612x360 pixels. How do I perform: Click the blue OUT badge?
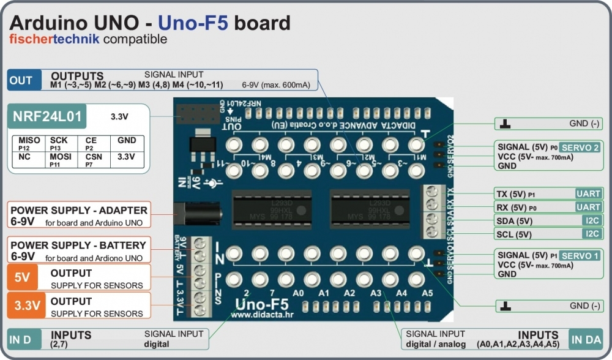coord(21,80)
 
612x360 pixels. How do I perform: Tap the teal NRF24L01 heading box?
coord(46,116)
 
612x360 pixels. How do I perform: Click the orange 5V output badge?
coord(23,277)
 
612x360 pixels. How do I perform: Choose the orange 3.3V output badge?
coord(23,306)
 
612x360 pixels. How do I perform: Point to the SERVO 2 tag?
coord(580,148)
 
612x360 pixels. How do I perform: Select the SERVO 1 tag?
coord(580,255)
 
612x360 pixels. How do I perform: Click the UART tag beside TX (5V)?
coord(588,193)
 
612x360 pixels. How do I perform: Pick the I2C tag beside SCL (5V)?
coord(592,233)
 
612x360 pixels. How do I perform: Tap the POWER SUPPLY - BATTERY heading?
coord(78,245)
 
